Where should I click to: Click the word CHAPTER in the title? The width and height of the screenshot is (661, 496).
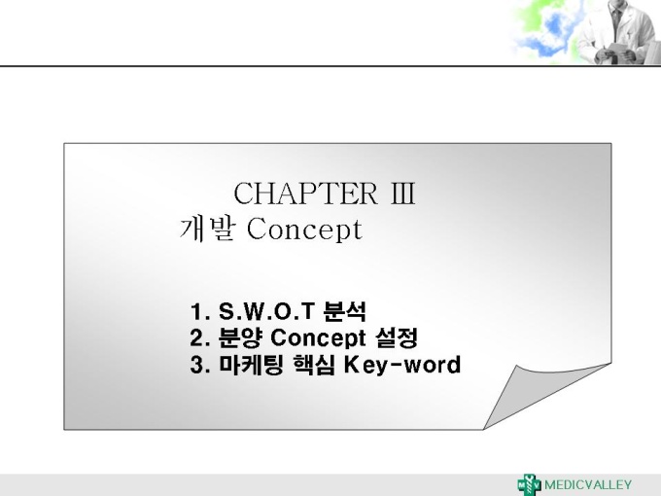pos(305,194)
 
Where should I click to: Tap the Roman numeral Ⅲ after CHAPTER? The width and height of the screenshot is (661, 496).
pos(403,194)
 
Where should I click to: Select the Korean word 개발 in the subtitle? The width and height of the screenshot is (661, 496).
pos(207,230)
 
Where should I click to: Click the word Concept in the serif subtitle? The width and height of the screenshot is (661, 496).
pos(304,230)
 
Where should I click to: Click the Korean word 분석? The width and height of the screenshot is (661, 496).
pos(344,311)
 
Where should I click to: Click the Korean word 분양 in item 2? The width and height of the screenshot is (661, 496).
pos(240,337)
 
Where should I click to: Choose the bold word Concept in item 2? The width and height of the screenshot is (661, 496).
pos(318,338)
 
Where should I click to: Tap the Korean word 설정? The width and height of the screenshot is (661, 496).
pos(397,337)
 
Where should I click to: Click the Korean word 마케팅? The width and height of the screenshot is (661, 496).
pos(251,365)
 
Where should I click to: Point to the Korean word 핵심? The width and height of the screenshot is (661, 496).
pos(314,365)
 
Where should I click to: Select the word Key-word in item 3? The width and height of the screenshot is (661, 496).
pos(402,366)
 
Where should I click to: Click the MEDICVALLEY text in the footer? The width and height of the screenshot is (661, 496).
pos(588,485)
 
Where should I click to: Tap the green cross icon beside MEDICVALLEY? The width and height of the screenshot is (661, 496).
pos(530,484)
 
